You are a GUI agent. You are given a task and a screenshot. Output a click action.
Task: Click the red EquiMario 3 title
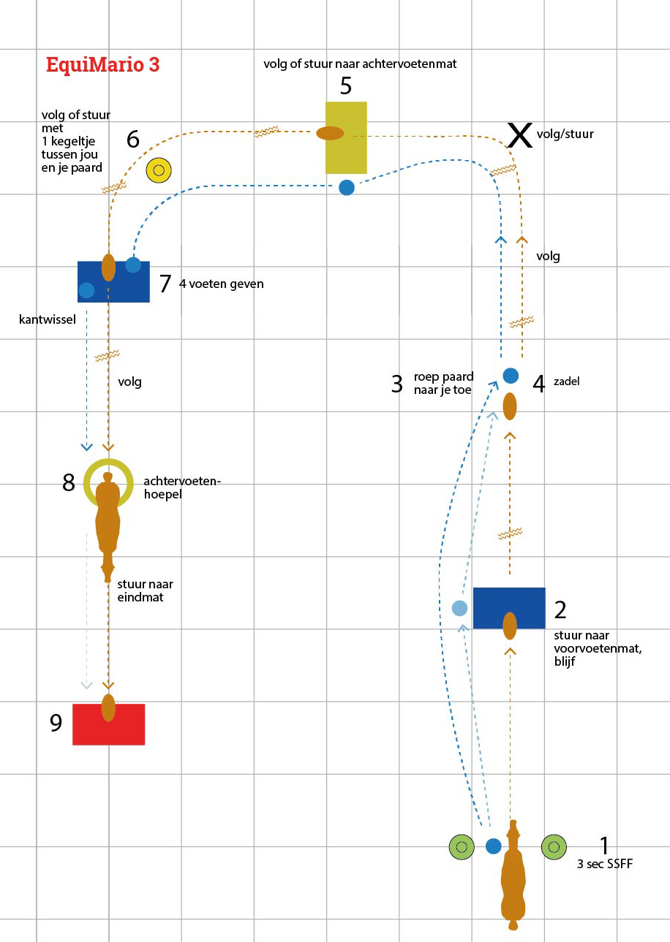102,64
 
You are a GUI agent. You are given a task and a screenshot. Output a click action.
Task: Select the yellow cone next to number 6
158,170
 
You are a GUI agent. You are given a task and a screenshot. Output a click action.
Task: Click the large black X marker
520,136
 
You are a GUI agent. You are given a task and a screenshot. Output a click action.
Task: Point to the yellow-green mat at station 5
346,153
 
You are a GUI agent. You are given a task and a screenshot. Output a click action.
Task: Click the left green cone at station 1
462,847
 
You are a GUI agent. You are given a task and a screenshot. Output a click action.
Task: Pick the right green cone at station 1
554,847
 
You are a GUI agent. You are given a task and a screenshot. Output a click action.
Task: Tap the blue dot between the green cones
494,846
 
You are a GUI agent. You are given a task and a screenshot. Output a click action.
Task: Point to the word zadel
566,381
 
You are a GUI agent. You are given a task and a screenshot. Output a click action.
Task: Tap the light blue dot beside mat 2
459,608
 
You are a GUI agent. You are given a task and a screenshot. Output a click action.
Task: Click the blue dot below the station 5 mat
347,187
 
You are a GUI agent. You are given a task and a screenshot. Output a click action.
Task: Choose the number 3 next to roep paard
396,384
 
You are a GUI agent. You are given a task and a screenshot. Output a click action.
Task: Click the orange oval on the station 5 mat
330,133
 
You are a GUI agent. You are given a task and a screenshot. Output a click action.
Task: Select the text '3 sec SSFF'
604,864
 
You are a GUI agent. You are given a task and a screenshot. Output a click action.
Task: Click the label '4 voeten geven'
221,284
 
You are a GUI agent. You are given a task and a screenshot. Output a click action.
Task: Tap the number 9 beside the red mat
56,723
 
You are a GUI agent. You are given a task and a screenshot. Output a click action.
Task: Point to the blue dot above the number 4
511,376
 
